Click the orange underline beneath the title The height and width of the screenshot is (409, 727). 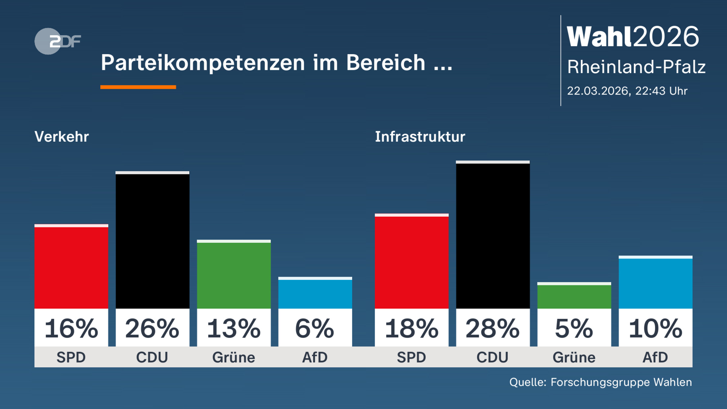(x=138, y=87)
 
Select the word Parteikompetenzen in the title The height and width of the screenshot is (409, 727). (x=203, y=63)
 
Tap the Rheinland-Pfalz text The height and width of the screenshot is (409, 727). (x=636, y=67)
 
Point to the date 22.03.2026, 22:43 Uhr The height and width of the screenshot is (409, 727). (x=627, y=91)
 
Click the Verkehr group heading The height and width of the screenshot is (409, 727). (x=62, y=137)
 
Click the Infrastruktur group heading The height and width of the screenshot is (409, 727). (x=420, y=137)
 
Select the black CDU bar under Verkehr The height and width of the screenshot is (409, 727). (x=152, y=241)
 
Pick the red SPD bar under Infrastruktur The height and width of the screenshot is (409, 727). (x=411, y=262)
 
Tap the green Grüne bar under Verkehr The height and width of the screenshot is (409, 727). (x=234, y=275)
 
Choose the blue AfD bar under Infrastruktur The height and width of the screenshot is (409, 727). (x=655, y=283)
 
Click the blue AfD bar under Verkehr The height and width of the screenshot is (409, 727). (x=315, y=293)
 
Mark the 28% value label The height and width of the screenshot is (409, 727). (x=493, y=328)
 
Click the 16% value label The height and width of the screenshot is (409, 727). (x=71, y=328)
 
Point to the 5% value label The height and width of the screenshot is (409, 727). (x=574, y=328)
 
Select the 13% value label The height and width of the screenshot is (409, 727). (x=234, y=328)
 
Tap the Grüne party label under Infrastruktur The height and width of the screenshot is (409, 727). (x=574, y=357)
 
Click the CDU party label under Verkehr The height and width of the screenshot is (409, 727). (x=152, y=357)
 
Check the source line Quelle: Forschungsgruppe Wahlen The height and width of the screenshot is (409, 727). (x=600, y=382)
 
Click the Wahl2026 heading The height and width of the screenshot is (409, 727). (x=632, y=37)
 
